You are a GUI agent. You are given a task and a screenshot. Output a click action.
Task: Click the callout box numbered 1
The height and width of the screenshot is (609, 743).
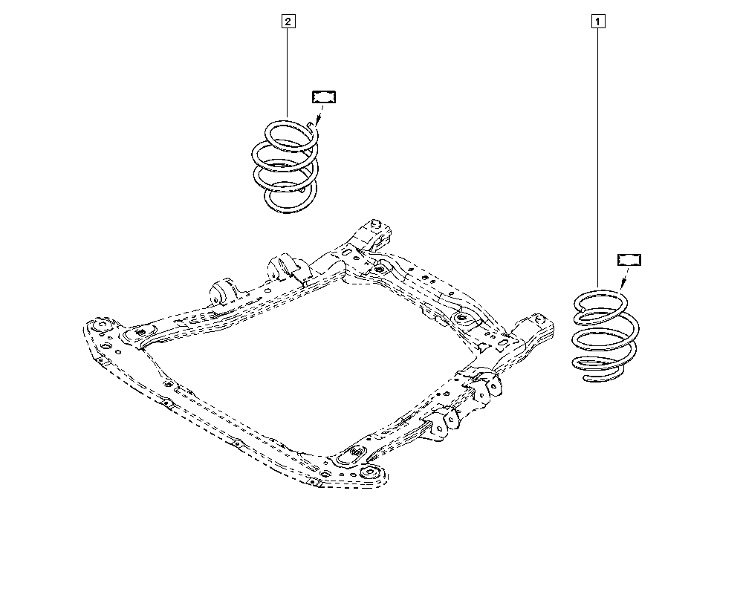[597, 22]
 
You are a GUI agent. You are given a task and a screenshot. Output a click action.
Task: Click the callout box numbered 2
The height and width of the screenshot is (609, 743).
[288, 22]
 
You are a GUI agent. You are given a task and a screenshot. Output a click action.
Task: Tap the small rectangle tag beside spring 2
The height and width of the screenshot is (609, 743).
[323, 96]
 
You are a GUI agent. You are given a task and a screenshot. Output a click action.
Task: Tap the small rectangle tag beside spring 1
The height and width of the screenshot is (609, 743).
[629, 259]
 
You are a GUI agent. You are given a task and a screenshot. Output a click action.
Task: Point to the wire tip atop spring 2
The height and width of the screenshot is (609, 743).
[318, 125]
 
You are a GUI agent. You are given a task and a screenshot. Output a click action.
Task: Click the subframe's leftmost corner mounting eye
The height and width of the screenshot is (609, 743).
[98, 327]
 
